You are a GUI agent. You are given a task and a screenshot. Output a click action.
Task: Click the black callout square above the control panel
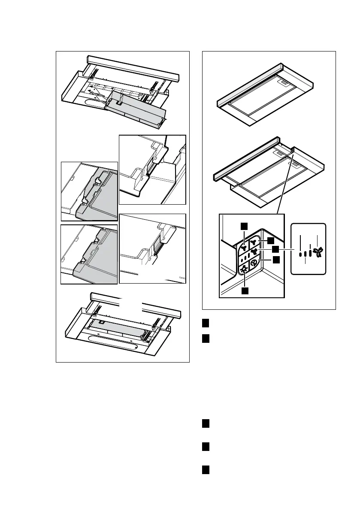pos(243,226)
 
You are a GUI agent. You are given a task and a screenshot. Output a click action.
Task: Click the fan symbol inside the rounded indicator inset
pos(318,253)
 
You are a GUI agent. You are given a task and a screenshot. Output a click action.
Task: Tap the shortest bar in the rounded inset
pos(300,254)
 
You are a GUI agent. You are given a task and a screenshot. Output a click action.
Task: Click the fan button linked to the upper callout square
pos(244,247)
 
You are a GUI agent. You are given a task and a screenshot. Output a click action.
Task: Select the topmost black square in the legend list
pos(206,322)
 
